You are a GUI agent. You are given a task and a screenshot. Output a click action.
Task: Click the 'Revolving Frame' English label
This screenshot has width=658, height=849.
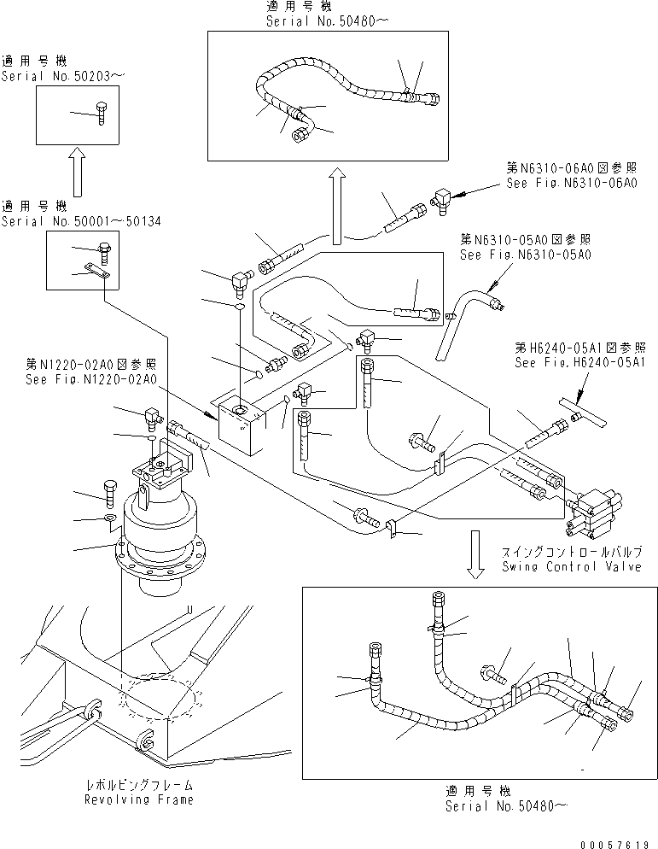click(138, 799)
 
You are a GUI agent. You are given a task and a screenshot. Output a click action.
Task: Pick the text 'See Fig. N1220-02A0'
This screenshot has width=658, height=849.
click(90, 379)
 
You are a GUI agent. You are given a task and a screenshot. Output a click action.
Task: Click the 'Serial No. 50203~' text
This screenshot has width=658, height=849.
click(62, 75)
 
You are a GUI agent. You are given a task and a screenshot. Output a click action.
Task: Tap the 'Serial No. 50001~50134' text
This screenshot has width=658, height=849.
click(80, 221)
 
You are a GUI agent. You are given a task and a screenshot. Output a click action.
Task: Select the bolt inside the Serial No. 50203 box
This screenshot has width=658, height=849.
click(101, 112)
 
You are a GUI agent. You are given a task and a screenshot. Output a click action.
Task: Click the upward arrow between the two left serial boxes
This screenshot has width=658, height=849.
click(76, 171)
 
